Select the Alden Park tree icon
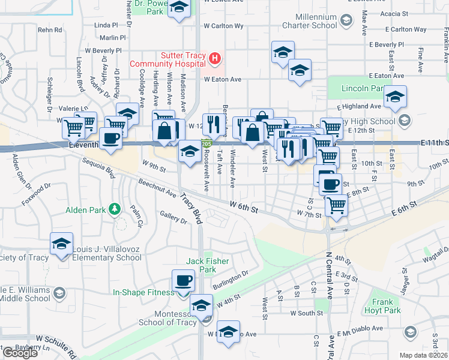point(113,209)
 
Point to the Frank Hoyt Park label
point(382,306)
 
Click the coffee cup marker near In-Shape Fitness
point(183,281)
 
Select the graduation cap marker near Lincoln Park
point(395,97)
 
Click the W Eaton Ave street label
point(222,79)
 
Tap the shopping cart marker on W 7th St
point(336,206)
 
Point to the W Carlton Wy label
point(223,26)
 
